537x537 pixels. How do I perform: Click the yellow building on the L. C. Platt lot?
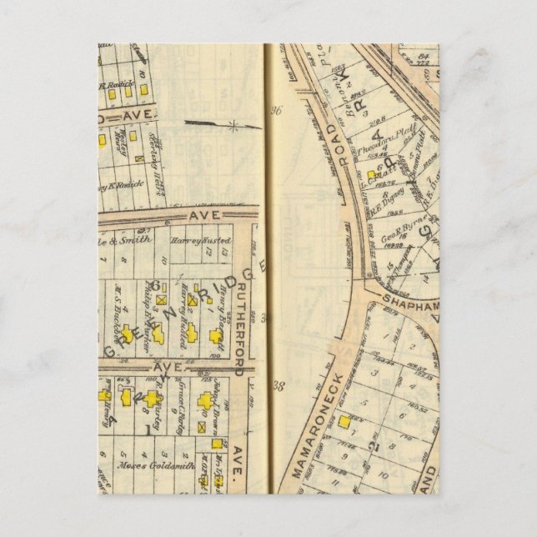pyautogui.click(x=370, y=176)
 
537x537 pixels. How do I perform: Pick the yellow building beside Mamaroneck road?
pyautogui.click(x=344, y=422)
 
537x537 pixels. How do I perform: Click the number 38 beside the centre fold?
pyautogui.click(x=278, y=386)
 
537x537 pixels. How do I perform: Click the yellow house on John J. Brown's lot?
pyautogui.click(x=206, y=401)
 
